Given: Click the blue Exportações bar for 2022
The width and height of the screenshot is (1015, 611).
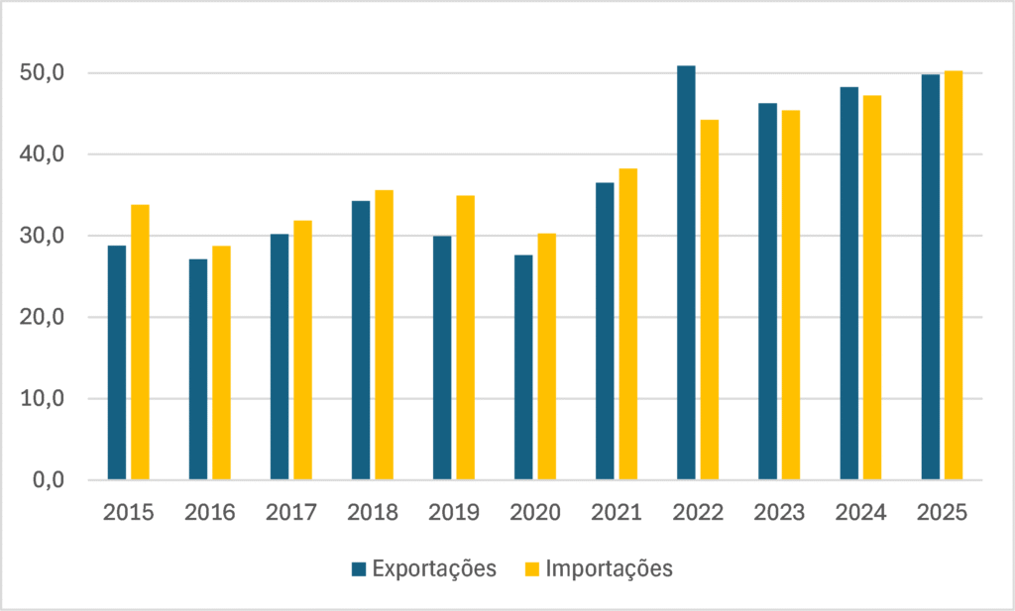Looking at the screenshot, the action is (x=686, y=273).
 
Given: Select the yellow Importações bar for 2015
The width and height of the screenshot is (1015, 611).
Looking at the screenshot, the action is (x=140, y=342).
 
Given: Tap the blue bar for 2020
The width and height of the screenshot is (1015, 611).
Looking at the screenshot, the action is (x=523, y=367).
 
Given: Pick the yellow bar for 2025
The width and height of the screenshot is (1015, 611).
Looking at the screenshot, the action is (x=954, y=275).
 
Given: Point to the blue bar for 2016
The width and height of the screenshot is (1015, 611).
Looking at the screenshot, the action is (x=198, y=369).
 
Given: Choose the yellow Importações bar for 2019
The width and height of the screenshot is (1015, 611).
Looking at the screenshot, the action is (x=466, y=338).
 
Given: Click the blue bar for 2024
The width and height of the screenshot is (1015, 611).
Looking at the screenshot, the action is (x=849, y=283).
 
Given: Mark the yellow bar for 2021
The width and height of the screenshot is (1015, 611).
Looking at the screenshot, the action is (x=627, y=324).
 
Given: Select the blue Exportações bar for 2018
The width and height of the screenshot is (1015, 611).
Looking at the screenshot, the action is (x=361, y=340).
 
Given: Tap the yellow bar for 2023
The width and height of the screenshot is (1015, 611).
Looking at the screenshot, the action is (x=791, y=295).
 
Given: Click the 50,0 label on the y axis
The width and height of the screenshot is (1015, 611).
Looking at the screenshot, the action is (x=43, y=73).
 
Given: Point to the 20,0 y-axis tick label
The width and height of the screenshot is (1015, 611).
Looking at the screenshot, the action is (x=43, y=318).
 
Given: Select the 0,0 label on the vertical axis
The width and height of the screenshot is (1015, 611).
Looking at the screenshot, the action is (x=49, y=480).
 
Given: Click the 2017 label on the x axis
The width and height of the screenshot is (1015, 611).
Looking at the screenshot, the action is (x=291, y=513).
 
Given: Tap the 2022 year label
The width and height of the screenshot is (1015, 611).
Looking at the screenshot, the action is (x=698, y=513).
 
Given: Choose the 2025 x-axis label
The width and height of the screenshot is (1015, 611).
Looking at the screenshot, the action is (x=942, y=513).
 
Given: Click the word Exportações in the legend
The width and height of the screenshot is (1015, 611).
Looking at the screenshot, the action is (x=434, y=568).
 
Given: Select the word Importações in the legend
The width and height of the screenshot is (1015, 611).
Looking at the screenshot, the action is (x=610, y=568).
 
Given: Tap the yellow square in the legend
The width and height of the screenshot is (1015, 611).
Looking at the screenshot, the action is (x=532, y=569).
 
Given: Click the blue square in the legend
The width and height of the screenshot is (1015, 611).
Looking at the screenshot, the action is (x=359, y=569).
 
